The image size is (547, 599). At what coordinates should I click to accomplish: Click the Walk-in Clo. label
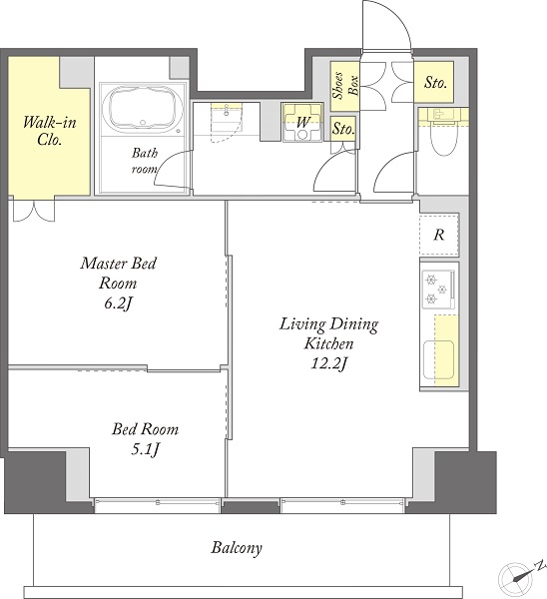click(x=49, y=131)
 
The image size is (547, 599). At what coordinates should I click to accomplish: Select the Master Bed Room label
click(x=118, y=274)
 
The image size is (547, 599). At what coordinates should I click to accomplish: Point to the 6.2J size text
click(x=118, y=303)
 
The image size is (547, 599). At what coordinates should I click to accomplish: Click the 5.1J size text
click(x=145, y=449)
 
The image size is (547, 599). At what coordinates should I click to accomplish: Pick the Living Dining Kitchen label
click(x=328, y=333)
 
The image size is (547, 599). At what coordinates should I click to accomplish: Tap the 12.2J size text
click(x=328, y=363)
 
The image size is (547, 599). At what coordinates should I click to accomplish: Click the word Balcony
click(x=237, y=548)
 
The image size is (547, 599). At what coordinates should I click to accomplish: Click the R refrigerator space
click(x=439, y=235)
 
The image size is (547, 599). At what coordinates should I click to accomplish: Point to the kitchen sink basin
click(x=438, y=359)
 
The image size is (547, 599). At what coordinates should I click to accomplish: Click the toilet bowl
click(x=444, y=139)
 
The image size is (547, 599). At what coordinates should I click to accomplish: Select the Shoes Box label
click(x=345, y=85)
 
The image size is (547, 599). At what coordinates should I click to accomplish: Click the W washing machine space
click(x=302, y=122)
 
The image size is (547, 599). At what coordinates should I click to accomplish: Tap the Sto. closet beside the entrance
click(x=434, y=82)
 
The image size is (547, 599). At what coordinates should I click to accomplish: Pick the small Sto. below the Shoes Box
click(x=343, y=129)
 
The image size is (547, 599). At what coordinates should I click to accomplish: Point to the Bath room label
click(x=144, y=161)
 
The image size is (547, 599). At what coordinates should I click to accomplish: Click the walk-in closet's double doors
click(x=34, y=210)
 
